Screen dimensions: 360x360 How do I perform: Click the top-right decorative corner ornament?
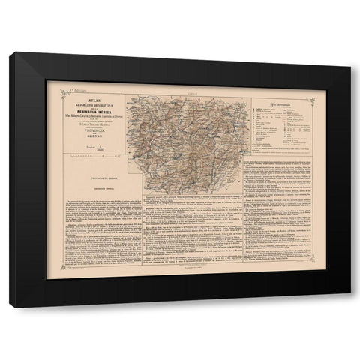click(308, 87)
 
